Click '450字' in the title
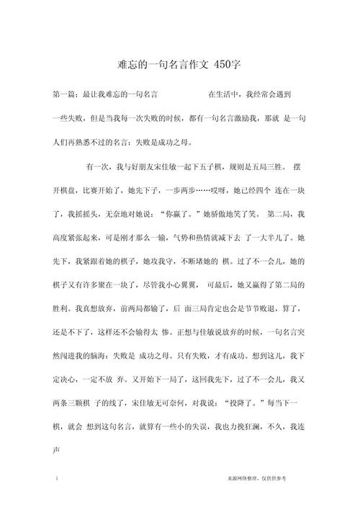(227, 65)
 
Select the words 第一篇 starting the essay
(66, 94)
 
